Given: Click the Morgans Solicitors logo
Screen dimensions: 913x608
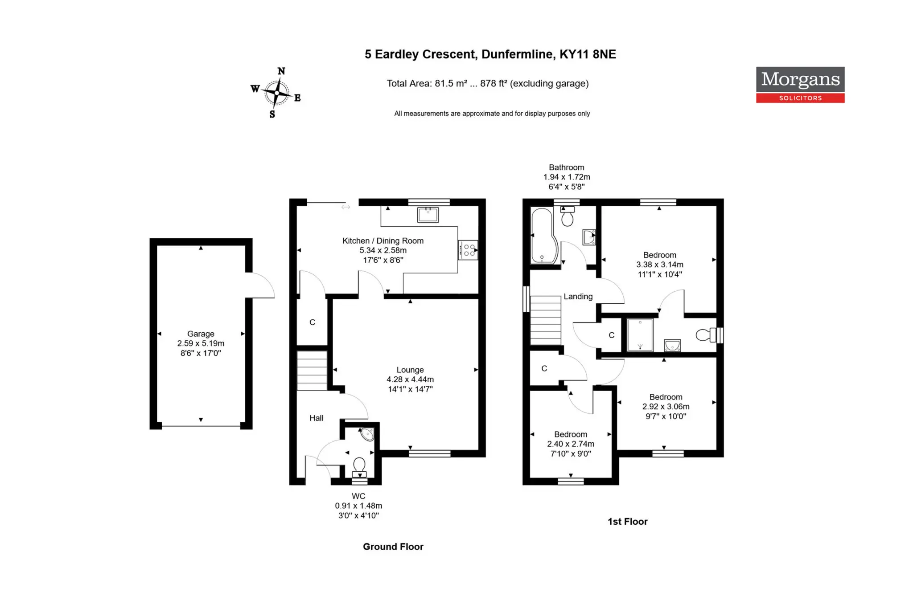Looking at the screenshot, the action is click(x=800, y=85).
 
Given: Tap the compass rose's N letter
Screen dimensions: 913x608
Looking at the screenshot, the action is click(x=281, y=71).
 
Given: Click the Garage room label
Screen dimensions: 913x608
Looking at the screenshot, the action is click(x=201, y=334).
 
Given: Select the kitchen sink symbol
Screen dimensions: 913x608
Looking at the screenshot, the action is click(x=428, y=215).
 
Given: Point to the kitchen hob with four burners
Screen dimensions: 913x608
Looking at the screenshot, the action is click(x=468, y=250).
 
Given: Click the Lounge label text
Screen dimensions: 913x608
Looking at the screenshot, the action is click(x=410, y=370).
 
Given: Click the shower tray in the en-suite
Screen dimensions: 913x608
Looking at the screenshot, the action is click(x=640, y=335).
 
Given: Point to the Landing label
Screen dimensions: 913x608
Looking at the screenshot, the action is click(x=578, y=297).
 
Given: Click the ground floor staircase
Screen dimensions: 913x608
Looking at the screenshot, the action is click(x=312, y=371).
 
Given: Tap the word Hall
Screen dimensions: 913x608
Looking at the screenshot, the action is click(x=317, y=418).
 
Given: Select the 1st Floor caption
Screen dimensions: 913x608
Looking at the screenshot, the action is click(x=628, y=522).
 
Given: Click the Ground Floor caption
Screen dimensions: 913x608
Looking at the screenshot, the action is click(x=393, y=547).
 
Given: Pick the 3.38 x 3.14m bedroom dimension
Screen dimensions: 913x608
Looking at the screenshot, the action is click(x=660, y=265).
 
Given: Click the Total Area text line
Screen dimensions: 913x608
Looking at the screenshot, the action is click(x=488, y=83).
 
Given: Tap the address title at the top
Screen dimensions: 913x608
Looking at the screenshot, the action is click(x=490, y=54).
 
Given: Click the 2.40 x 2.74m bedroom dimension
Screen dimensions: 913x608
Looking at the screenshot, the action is click(x=571, y=444).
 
